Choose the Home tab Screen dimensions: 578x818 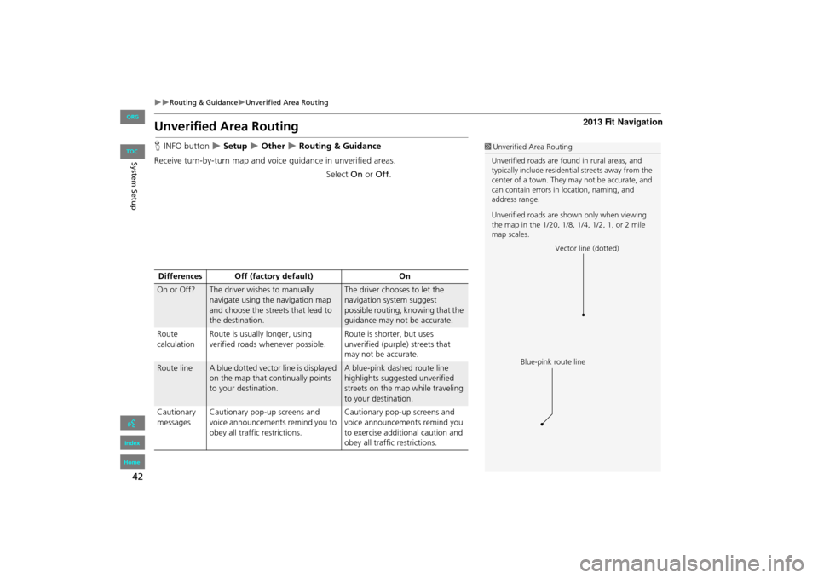pyautogui.click(x=132, y=462)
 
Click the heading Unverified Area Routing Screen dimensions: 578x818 pyautogui.click(x=227, y=127)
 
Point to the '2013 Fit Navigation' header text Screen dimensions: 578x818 pyautogui.click(x=619, y=123)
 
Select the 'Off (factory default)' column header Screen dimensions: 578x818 pyautogui.click(x=274, y=276)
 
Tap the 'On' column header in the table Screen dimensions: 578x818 pyautogui.click(x=404, y=276)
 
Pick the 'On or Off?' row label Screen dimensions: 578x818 pyautogui.click(x=176, y=291)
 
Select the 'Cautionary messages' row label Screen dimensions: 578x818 pyautogui.click(x=176, y=417)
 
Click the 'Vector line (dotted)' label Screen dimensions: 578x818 pyautogui.click(x=587, y=248)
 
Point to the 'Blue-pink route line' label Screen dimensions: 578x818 pyautogui.click(x=553, y=362)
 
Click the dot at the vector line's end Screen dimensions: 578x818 pyautogui.click(x=584, y=315)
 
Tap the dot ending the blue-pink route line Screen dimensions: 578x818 pyautogui.click(x=542, y=423)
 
